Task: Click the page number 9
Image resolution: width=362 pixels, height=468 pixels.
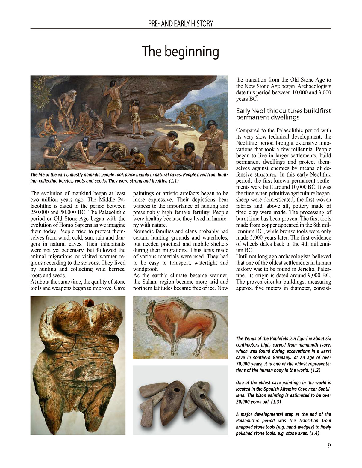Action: [329, 446]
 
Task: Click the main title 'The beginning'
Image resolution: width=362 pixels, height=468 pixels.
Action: [180, 51]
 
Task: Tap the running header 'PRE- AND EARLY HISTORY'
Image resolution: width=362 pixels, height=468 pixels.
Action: [181, 24]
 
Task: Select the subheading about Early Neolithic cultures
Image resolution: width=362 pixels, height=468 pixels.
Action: [283, 114]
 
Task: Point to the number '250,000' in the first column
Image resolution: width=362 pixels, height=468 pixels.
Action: [40, 212]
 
